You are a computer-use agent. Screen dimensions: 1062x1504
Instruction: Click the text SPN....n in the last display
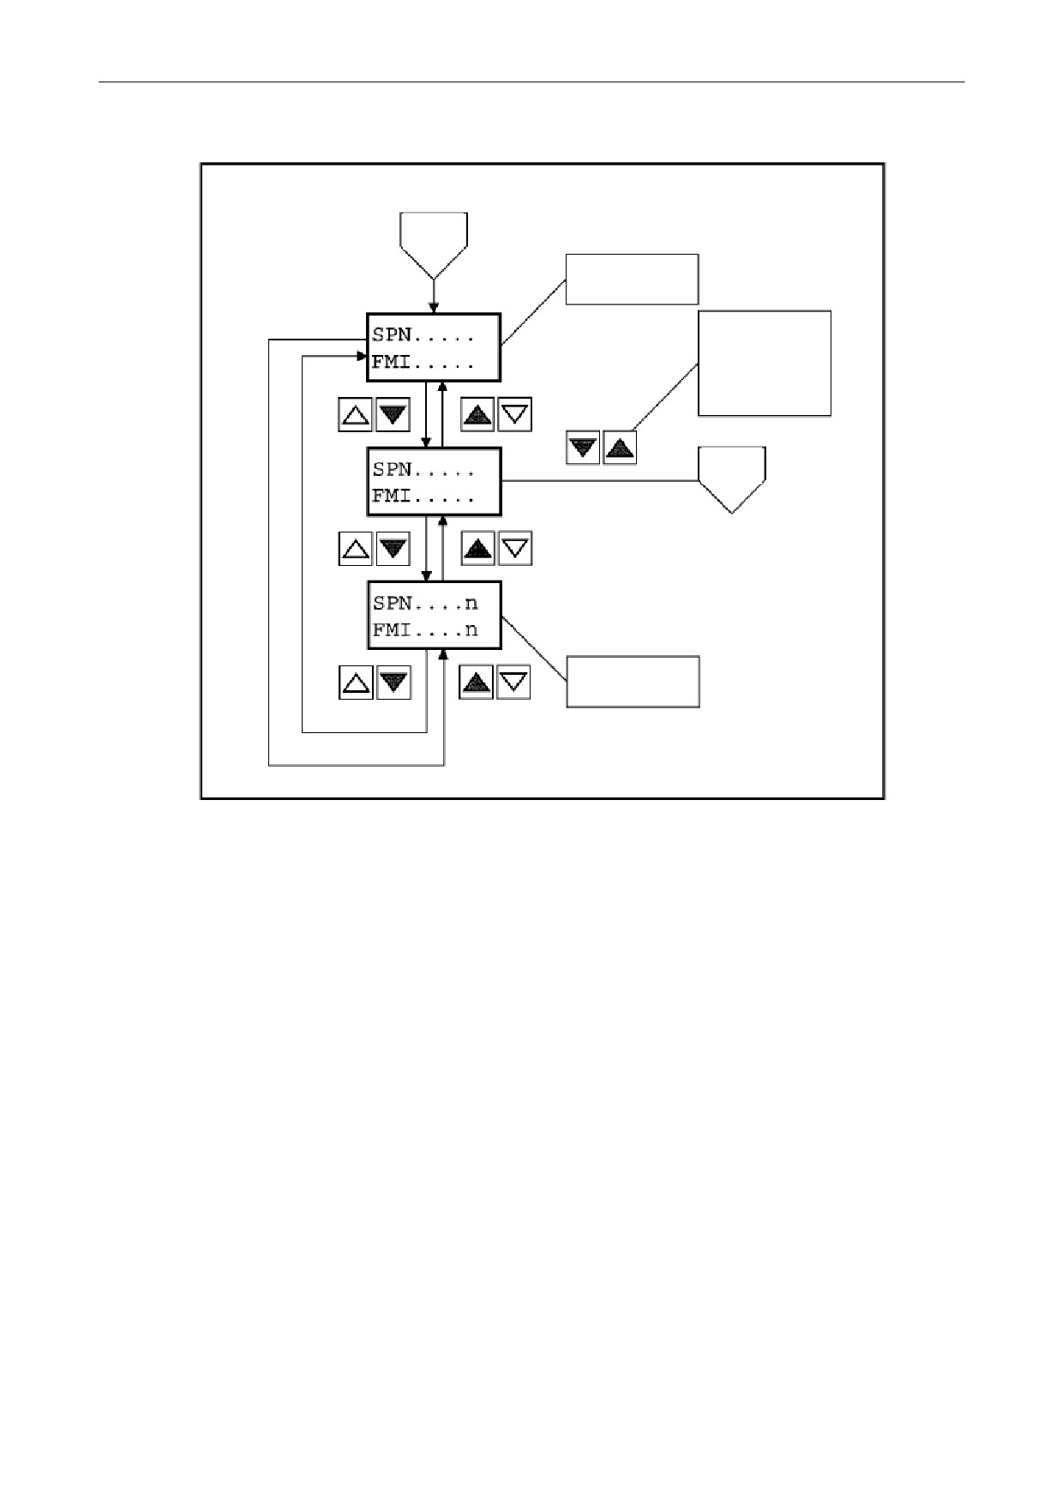(x=425, y=604)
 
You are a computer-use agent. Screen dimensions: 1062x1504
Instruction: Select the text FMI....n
(x=425, y=630)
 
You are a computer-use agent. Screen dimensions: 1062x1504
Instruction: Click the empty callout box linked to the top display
(x=632, y=279)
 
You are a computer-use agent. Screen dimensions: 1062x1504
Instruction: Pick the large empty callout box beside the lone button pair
(x=765, y=364)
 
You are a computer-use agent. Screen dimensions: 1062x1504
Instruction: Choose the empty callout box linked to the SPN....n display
(x=633, y=682)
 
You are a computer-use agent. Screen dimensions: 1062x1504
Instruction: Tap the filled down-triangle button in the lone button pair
(x=583, y=448)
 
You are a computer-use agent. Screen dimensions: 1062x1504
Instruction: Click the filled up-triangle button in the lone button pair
(x=620, y=448)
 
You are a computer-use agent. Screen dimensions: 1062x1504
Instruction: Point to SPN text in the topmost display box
(x=392, y=335)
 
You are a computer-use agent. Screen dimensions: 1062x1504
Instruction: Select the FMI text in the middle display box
(x=392, y=496)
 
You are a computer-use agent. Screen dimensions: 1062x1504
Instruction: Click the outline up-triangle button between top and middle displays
(x=356, y=415)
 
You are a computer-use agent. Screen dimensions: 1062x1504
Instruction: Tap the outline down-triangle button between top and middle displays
(x=515, y=414)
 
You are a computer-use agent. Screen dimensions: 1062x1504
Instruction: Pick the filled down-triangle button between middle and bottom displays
(x=393, y=549)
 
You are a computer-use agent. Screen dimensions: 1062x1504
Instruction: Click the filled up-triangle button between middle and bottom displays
(x=477, y=548)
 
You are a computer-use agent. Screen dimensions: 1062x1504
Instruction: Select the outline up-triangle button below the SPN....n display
(x=356, y=683)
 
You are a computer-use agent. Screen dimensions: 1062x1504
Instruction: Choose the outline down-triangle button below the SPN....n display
(x=513, y=683)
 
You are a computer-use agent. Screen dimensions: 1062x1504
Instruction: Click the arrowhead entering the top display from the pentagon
(x=434, y=308)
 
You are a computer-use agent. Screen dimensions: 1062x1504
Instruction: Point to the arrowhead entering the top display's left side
(x=363, y=356)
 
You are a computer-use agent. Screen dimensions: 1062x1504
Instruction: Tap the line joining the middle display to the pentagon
(x=600, y=480)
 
